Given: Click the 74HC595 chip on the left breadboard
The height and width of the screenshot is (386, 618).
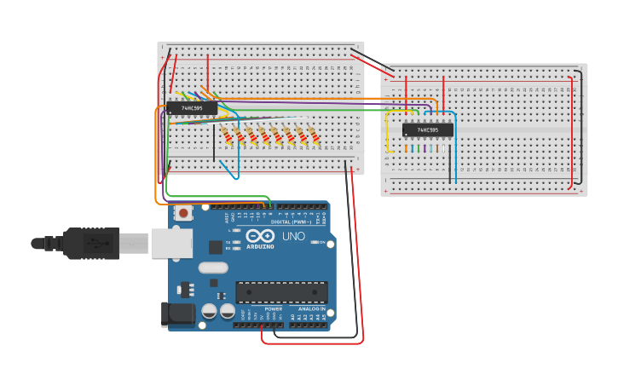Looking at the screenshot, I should pos(192,108).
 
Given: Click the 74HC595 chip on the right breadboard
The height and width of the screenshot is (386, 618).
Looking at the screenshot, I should pos(428,130).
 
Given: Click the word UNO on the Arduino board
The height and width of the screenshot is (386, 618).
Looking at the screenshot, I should pos(293,236).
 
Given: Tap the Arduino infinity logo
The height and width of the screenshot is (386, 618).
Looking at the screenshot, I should pos(259,235).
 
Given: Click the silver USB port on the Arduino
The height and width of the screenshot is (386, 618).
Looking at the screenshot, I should pos(170,242).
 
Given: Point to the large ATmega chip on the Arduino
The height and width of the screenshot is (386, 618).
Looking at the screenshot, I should pos(281,292).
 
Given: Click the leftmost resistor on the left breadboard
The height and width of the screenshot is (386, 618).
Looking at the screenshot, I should pos(227,135).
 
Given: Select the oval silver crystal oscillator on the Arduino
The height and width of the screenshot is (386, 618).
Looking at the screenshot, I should pos(214,268).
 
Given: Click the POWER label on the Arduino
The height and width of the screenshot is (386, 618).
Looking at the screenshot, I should pos(273,308).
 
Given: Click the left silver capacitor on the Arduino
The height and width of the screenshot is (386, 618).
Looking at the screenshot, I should pos(210,312).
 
